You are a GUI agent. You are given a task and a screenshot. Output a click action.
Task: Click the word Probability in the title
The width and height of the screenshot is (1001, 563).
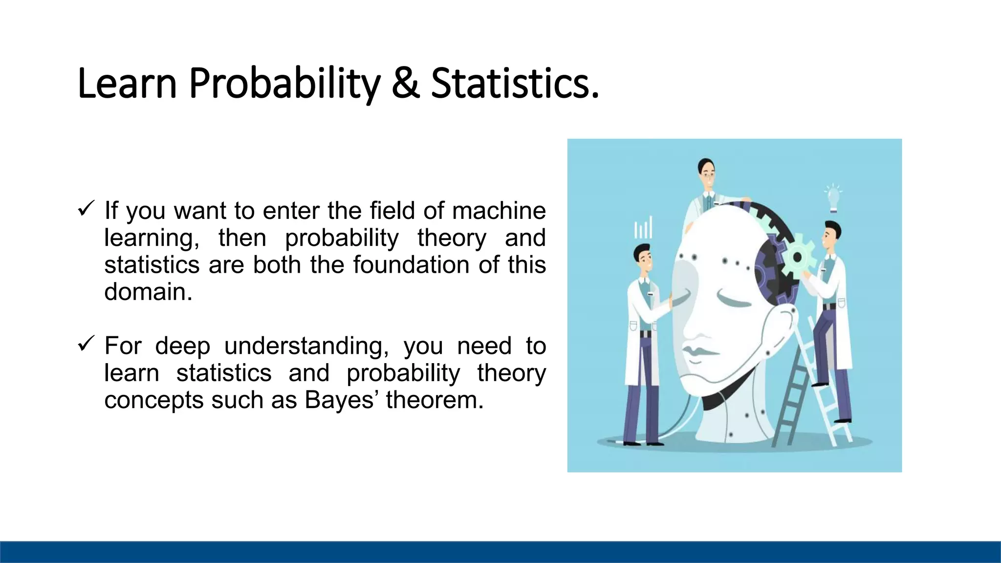pyautogui.click(x=284, y=83)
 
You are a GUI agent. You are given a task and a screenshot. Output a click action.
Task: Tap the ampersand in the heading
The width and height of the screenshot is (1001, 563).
pyautogui.click(x=405, y=83)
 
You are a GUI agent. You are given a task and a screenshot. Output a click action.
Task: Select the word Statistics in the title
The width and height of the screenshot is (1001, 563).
pyautogui.click(x=514, y=83)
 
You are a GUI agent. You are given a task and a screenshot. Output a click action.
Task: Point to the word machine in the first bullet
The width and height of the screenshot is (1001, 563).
pyautogui.click(x=499, y=211)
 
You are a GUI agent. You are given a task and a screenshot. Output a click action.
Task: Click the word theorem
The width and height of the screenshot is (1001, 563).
pyautogui.click(x=435, y=400)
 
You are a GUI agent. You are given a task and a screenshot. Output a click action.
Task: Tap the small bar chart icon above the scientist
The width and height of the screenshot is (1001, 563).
pyautogui.click(x=643, y=228)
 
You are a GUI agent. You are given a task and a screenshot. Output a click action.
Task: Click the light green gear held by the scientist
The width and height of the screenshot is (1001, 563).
pyautogui.click(x=798, y=256)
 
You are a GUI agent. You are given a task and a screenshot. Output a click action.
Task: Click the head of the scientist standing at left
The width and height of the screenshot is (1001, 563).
pyautogui.click(x=643, y=259)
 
